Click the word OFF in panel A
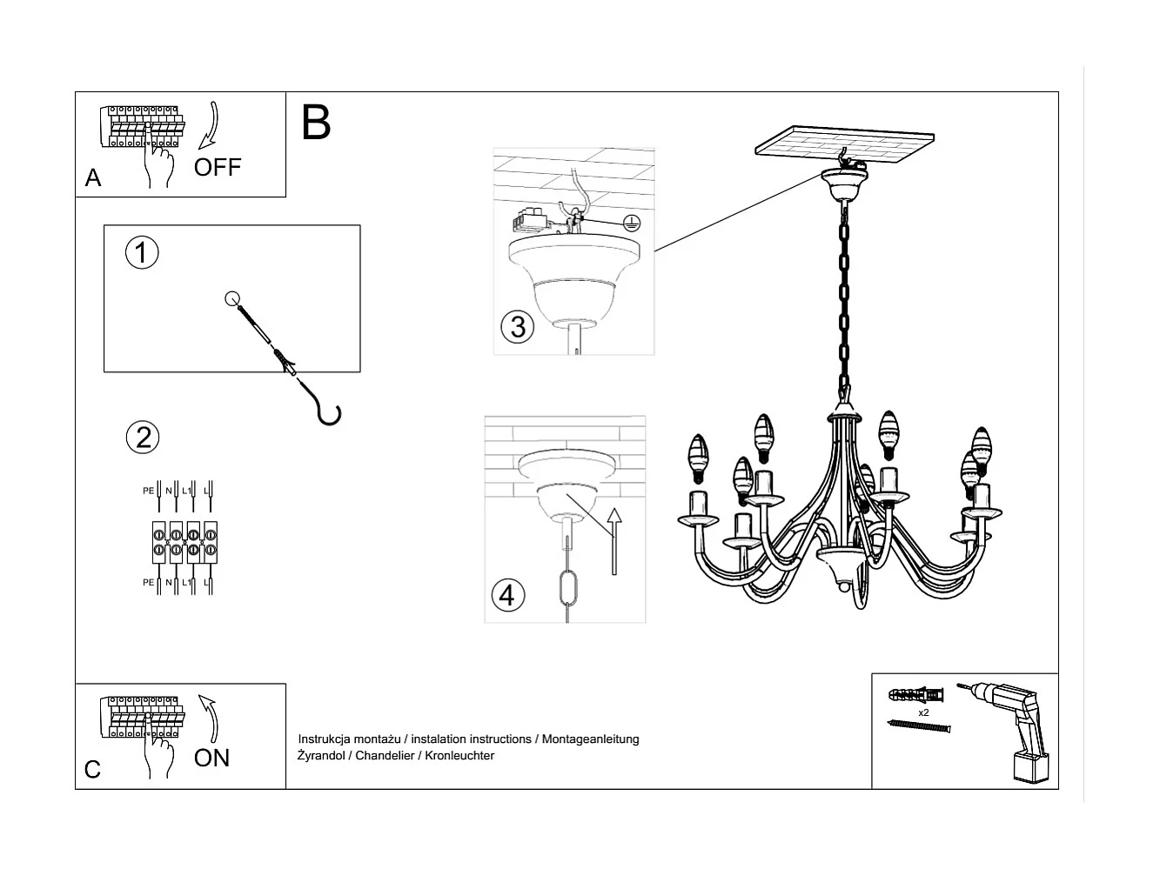pos(218,167)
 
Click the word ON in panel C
pos(212,758)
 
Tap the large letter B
pos(316,123)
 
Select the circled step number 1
pos(142,252)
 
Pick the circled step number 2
pos(143,437)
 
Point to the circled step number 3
pos(518,327)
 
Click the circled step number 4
pos(508,596)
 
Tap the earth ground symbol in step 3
pos(632,222)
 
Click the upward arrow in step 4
pos(614,539)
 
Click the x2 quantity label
pos(923,712)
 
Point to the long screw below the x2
pos(919,725)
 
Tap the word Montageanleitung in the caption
pos(591,739)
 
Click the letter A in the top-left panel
pos(93,178)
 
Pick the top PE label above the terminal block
pos(148,491)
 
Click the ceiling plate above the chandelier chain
pos(845,146)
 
